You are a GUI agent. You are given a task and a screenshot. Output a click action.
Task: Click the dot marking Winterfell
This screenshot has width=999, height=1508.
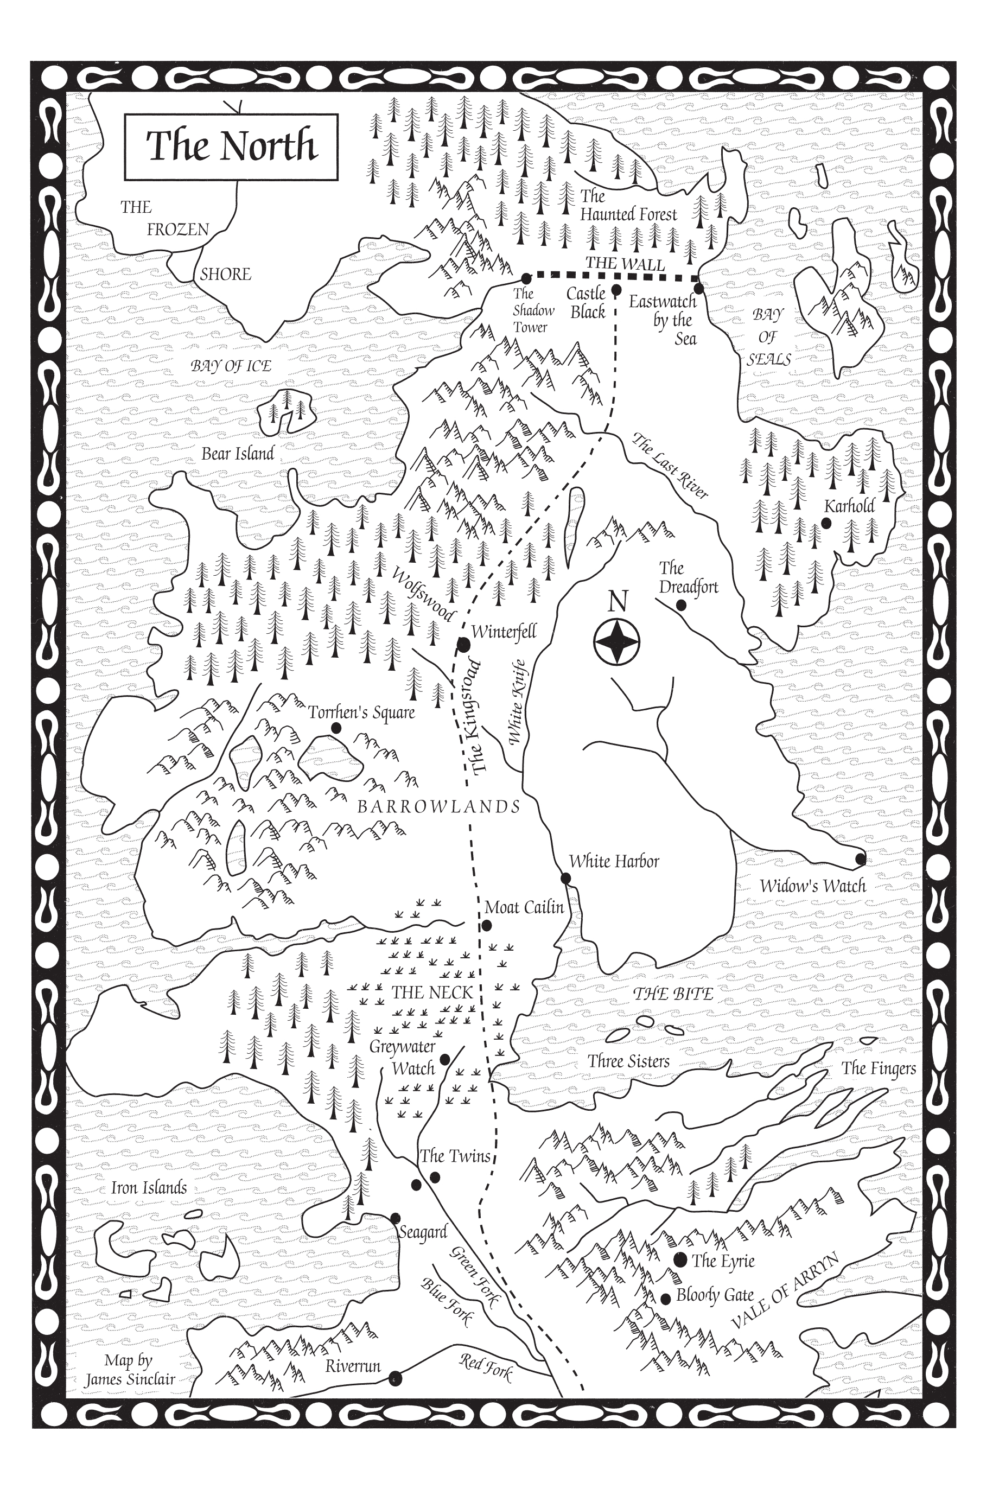pyautogui.click(x=464, y=645)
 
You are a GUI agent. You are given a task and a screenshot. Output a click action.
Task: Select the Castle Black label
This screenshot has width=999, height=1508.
pyautogui.click(x=587, y=302)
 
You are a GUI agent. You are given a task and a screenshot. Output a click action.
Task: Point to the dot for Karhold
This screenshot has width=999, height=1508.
pyautogui.click(x=826, y=523)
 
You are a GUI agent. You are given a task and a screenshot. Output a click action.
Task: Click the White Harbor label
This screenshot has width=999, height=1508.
pyautogui.click(x=614, y=861)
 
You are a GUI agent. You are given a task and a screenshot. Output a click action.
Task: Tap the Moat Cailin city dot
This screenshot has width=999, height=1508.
pyautogui.click(x=487, y=925)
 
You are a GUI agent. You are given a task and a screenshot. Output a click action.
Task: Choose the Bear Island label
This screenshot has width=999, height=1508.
pyautogui.click(x=238, y=454)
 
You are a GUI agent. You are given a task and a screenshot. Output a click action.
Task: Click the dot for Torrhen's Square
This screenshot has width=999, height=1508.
pyautogui.click(x=336, y=728)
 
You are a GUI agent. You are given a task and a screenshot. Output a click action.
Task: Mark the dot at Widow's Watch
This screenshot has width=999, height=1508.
pyautogui.click(x=860, y=859)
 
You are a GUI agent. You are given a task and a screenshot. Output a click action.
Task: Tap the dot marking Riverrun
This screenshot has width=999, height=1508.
pyautogui.click(x=395, y=1378)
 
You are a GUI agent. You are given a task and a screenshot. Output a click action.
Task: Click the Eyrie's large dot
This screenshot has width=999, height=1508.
pyautogui.click(x=680, y=1259)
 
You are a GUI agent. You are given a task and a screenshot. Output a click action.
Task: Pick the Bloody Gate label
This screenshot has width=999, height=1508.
pyautogui.click(x=714, y=1295)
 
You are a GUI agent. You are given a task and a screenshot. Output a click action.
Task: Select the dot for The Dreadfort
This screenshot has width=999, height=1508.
pyautogui.click(x=680, y=605)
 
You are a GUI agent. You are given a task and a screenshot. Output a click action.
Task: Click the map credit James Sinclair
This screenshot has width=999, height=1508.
pyautogui.click(x=129, y=1380)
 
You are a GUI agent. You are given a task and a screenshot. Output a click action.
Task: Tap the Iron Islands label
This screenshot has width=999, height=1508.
pyautogui.click(x=149, y=1187)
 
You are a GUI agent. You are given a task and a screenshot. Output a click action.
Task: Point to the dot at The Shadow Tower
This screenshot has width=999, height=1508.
pyautogui.click(x=526, y=278)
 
